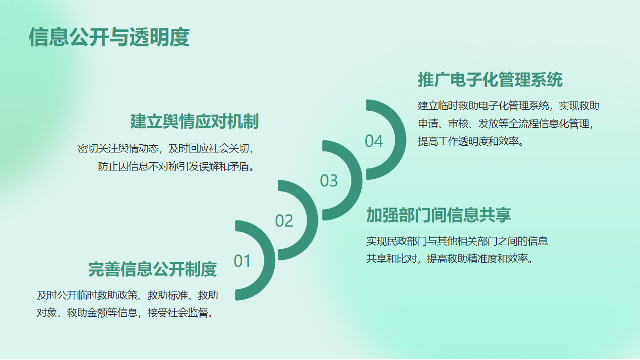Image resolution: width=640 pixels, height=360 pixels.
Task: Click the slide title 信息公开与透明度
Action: [x=109, y=37]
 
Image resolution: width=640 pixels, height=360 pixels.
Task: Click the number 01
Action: [x=242, y=261]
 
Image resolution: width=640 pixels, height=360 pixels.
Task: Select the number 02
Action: [x=284, y=220]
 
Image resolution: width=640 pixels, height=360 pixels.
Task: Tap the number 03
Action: [x=329, y=181]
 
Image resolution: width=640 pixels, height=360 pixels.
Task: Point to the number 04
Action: [x=374, y=141]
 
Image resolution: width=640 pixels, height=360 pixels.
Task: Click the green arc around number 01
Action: [x=270, y=261]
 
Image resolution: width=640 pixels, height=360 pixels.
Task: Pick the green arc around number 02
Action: [x=312, y=220]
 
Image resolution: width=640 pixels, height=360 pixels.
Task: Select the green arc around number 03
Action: [x=357, y=180]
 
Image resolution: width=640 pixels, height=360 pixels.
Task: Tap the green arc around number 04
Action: [x=400, y=140]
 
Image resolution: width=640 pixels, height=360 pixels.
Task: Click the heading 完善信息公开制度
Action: [x=153, y=269]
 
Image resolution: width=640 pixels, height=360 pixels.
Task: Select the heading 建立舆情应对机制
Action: [x=195, y=122]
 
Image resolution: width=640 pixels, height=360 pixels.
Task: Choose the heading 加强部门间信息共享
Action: [x=439, y=215]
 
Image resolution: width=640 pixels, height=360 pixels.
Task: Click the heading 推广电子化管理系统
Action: [x=490, y=80]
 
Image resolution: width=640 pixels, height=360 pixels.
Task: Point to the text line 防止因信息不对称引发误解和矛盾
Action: [x=176, y=166]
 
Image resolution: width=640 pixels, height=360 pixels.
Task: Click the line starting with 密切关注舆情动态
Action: [x=166, y=148]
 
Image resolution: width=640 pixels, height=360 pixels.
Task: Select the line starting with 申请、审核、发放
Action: [x=506, y=124]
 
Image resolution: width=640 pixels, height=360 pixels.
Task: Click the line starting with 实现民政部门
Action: [x=457, y=241]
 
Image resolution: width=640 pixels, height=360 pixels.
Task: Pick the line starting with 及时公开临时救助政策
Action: [x=127, y=295]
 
